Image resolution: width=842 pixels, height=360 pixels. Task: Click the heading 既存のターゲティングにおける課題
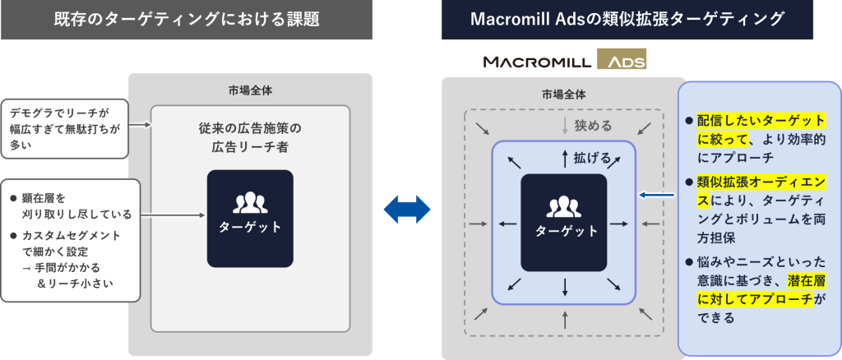pos(187,20)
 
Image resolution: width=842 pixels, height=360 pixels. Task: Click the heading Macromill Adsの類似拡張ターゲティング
pos(627,20)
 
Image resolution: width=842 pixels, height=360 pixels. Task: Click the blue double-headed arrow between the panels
pos(407,208)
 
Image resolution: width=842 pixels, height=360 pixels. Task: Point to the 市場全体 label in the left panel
pos(250,90)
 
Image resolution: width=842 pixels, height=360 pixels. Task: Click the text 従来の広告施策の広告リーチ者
pos(250,137)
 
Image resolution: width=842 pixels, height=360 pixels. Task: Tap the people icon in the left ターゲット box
pos(250,201)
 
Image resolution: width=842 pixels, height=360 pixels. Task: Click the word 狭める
pos(593,127)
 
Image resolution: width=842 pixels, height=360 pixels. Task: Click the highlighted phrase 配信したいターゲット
pos(761,120)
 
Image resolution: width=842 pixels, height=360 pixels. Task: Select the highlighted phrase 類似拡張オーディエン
pos(761,180)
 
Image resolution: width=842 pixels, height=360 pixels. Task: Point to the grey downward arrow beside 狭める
pos(564,127)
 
